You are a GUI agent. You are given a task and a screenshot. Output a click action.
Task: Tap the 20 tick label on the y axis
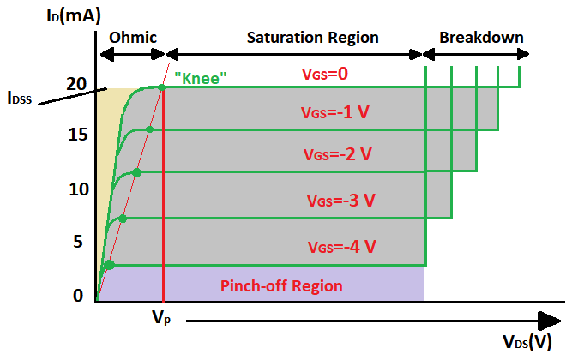(77, 84)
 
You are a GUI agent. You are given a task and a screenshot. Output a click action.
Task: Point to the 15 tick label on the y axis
(77, 135)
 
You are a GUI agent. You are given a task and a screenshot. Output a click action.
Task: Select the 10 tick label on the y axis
(78, 189)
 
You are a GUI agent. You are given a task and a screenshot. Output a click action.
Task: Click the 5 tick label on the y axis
(79, 242)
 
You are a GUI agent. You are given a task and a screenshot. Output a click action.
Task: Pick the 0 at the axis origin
(78, 296)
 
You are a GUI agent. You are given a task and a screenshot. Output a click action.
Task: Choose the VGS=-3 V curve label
(340, 201)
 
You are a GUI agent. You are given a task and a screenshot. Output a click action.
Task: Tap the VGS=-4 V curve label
(342, 247)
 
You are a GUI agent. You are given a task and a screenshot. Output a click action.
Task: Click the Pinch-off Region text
(281, 286)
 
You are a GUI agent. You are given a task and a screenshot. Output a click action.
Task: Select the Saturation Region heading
(312, 39)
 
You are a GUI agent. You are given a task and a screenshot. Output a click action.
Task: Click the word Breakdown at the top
(481, 39)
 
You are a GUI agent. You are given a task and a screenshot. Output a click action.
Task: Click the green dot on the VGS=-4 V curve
(109, 264)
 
